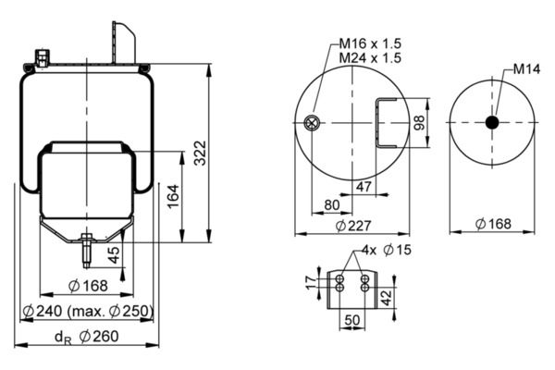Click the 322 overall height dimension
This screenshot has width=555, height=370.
[201, 153]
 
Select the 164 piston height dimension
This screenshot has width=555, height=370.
[174, 196]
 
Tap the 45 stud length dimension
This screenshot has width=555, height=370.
[114, 255]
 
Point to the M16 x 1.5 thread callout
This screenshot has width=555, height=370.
[370, 43]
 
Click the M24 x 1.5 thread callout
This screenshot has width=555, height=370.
[370, 57]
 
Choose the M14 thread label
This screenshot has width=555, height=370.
[526, 69]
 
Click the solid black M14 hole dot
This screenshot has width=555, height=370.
[492, 122]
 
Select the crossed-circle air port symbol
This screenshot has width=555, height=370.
[312, 123]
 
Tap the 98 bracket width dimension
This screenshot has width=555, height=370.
[419, 122]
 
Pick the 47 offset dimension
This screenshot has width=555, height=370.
[364, 186]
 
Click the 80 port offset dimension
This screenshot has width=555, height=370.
[332, 205]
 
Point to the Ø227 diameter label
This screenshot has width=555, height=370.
[353, 226]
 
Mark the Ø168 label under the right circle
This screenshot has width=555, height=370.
[493, 224]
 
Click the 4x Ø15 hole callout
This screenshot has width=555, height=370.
[387, 250]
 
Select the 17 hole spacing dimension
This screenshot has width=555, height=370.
[311, 283]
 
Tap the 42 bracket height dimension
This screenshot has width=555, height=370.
[387, 298]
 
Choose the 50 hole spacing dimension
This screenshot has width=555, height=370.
[351, 320]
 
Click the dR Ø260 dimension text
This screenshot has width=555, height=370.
[87, 337]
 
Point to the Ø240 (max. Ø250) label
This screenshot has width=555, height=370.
[88, 311]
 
